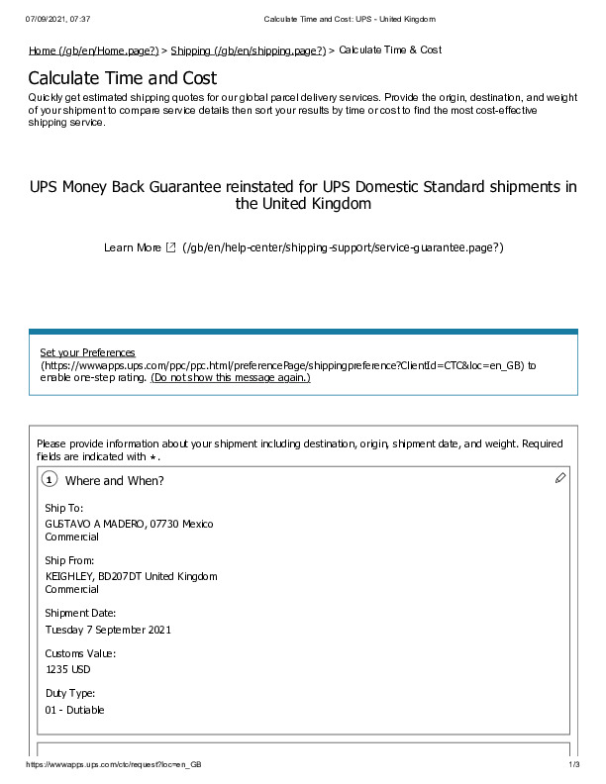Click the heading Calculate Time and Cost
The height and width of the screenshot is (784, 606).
pos(123,77)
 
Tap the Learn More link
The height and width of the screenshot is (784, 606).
pos(132,246)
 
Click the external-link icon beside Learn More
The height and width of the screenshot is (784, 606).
pos(170,246)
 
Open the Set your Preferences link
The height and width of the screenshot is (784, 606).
pos(87,352)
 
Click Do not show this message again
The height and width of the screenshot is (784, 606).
pos(231,377)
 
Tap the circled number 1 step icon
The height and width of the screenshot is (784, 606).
pos(50,480)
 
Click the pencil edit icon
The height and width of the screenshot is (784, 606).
pos(560,478)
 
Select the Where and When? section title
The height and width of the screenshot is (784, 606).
pos(114,481)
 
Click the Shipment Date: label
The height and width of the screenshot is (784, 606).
pos(80,614)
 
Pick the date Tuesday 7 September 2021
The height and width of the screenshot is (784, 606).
pos(108,629)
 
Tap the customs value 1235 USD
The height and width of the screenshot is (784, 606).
pos(67,669)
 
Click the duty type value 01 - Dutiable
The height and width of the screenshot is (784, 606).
pos(74,709)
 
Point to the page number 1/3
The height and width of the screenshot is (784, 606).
pos(572,766)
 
